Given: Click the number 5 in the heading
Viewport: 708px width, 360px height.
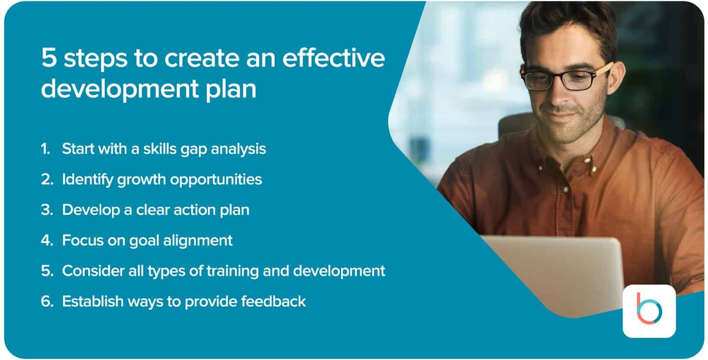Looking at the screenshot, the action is point(49,58).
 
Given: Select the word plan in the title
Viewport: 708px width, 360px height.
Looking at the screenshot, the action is point(231,89).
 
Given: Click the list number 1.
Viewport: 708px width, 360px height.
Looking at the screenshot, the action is point(46,149).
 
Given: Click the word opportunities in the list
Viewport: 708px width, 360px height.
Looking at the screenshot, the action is point(216,180).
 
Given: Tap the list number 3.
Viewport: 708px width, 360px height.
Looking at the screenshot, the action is point(47,210).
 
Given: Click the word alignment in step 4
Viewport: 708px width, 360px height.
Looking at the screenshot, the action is point(197,241).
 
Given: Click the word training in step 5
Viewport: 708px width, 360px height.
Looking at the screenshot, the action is point(232,271).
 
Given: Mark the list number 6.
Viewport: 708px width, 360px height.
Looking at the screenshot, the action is point(47,301).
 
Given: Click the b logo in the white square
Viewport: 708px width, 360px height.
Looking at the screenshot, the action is point(649,309).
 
